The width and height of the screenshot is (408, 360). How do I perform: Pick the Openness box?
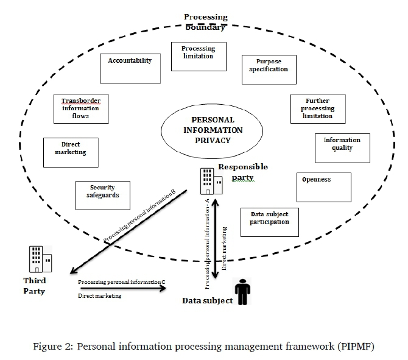point(323,187)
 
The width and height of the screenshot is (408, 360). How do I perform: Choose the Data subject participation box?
point(269,222)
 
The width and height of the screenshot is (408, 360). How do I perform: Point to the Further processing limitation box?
point(317,109)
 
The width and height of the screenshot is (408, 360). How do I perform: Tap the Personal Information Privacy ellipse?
point(212,130)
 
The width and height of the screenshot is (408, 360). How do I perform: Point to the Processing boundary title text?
point(206,23)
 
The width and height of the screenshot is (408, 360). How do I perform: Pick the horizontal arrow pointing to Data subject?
point(122,289)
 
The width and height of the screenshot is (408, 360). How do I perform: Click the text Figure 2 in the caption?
point(50,347)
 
